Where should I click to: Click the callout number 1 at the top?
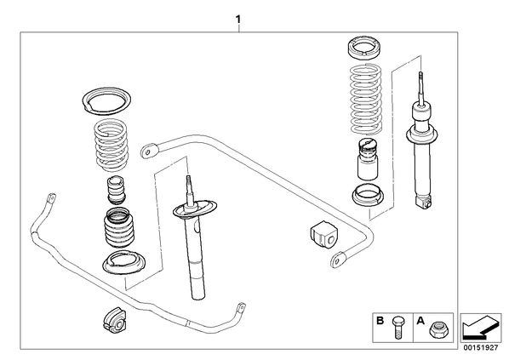click(238, 20)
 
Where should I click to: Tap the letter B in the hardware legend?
click(380, 321)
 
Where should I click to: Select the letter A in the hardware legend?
click(420, 321)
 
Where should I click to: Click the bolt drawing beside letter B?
click(397, 327)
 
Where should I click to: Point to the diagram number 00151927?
click(480, 348)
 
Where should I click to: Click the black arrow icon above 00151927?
click(480, 328)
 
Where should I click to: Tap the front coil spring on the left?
click(112, 146)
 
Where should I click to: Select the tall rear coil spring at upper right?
click(365, 99)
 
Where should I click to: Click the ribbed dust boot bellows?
click(119, 228)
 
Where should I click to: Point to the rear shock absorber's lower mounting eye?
click(424, 203)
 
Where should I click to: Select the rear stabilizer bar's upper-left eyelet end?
click(149, 151)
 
